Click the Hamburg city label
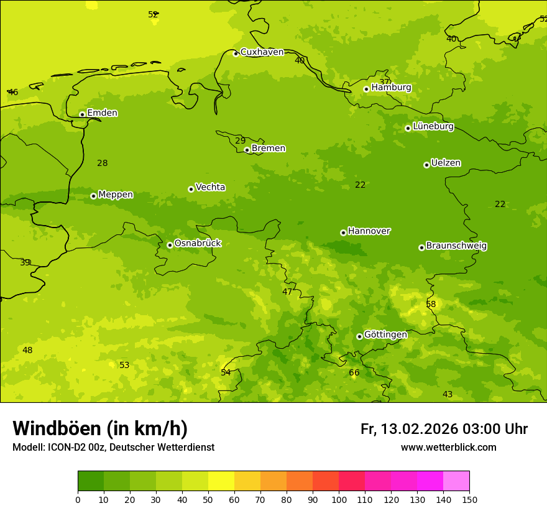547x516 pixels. click(x=391, y=88)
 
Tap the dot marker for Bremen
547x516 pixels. click(x=247, y=150)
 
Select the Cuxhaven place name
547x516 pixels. click(x=262, y=52)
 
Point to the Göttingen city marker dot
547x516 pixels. click(x=359, y=336)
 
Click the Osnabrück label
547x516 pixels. click(x=198, y=244)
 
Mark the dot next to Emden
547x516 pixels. click(x=82, y=114)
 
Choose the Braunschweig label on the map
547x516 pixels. click(x=456, y=246)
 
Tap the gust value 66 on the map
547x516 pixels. click(x=354, y=373)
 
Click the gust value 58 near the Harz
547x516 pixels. click(x=431, y=305)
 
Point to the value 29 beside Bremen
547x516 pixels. click(x=240, y=141)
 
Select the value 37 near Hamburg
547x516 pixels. click(x=384, y=82)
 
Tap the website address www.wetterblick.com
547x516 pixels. click(x=448, y=448)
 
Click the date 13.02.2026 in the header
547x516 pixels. click(x=419, y=430)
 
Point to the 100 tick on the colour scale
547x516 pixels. click(x=339, y=499)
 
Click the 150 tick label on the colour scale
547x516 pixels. click(x=469, y=499)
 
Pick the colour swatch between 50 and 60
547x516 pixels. click(x=221, y=481)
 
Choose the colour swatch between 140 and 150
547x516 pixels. click(x=456, y=481)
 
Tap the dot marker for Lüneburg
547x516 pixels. click(x=408, y=128)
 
